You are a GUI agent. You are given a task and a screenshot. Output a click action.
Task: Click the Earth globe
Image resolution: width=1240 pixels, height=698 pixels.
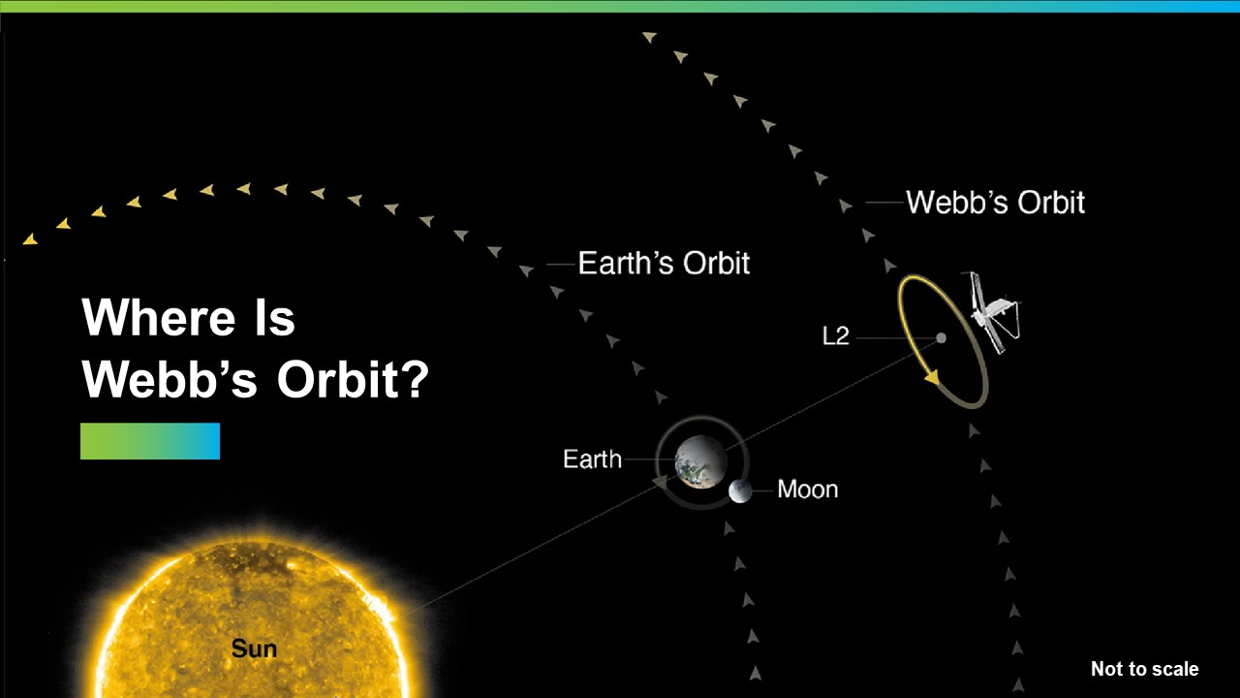(x=700, y=462)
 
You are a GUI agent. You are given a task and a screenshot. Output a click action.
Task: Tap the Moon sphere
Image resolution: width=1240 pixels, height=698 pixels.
(x=740, y=492)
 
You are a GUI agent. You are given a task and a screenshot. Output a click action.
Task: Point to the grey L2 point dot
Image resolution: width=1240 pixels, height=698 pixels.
(x=941, y=338)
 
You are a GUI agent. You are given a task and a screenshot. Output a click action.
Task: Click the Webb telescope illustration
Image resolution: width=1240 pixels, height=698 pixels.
(x=994, y=312)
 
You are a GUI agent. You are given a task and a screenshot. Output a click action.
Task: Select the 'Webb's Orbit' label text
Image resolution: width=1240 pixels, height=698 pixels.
(x=995, y=203)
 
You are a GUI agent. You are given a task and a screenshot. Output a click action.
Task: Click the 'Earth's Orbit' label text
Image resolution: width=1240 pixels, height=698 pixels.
(x=664, y=263)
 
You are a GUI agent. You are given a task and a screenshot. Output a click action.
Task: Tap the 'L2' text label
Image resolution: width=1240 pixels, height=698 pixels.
(x=835, y=336)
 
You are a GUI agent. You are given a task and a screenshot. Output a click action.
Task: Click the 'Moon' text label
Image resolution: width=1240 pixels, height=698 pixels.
(x=808, y=490)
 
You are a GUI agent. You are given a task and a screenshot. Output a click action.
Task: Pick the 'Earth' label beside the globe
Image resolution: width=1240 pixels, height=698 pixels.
(x=592, y=460)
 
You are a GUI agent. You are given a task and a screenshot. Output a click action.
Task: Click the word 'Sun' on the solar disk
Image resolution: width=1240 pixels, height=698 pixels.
(x=254, y=649)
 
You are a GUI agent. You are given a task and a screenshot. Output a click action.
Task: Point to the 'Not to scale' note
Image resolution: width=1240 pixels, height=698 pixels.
(x=1144, y=669)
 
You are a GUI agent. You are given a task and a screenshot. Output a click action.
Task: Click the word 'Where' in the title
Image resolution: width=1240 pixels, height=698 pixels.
(x=158, y=317)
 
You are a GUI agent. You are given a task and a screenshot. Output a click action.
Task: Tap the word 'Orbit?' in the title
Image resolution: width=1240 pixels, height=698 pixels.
(x=353, y=380)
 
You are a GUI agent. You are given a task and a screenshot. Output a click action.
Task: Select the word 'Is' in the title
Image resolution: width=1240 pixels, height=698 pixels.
(x=274, y=317)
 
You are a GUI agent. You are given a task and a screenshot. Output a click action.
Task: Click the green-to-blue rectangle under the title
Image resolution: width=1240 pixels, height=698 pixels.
(x=150, y=441)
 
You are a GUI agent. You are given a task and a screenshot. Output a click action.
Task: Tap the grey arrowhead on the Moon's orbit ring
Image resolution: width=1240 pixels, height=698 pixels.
(x=661, y=482)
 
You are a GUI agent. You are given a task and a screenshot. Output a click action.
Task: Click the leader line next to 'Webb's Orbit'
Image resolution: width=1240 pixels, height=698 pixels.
(x=884, y=203)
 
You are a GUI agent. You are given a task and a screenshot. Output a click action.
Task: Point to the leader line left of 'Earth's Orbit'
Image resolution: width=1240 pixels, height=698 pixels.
(x=561, y=265)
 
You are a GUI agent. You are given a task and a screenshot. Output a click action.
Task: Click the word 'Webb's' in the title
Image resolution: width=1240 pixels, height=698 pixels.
(x=170, y=380)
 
